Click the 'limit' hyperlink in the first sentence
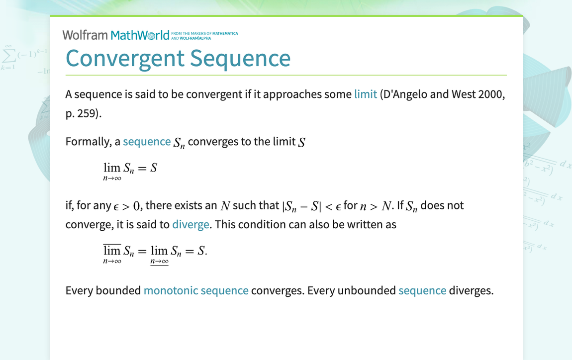[x=366, y=94]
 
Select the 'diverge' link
[x=191, y=224]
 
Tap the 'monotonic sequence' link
[x=196, y=290]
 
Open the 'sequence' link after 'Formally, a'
[x=147, y=142]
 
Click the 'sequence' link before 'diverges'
[x=422, y=290]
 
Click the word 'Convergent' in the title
[x=125, y=58]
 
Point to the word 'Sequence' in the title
[x=240, y=58]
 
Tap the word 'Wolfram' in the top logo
[x=85, y=35]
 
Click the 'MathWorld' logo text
[x=140, y=35]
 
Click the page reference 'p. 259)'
[x=84, y=113]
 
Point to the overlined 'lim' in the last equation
[x=112, y=250]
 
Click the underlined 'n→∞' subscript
[x=160, y=262]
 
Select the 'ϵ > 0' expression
[x=126, y=206]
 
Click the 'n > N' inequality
[x=376, y=206]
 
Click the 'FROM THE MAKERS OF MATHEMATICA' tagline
[x=204, y=33]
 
